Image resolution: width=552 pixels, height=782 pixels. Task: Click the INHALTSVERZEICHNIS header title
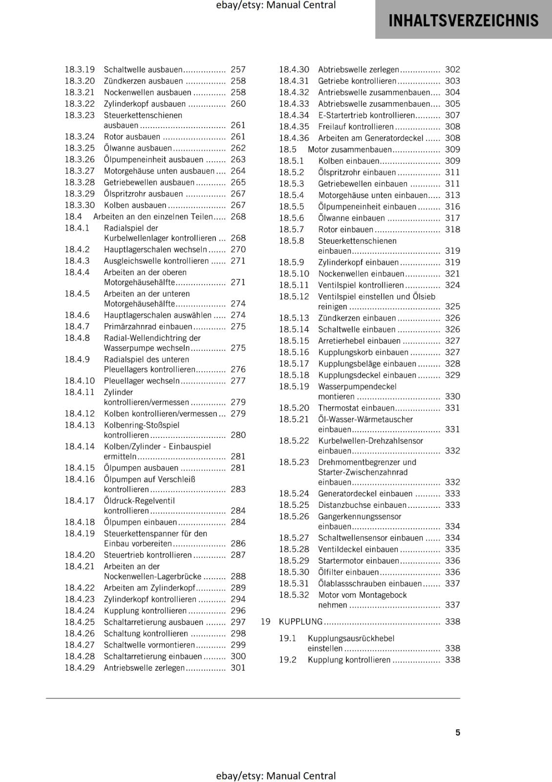pyautogui.click(x=463, y=21)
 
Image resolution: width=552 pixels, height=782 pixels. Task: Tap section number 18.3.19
pyautogui.click(x=80, y=70)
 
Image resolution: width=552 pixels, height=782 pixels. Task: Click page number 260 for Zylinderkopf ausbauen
pyautogui.click(x=238, y=104)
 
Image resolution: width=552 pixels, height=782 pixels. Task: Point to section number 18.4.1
pyautogui.click(x=77, y=228)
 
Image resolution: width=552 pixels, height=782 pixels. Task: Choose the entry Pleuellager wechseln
pyautogui.click(x=142, y=381)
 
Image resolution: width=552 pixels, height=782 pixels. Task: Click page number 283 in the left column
pyautogui.click(x=238, y=489)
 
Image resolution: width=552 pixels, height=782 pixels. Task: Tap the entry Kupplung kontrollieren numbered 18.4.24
pyautogui.click(x=145, y=611)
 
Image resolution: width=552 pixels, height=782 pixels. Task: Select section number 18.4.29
pyautogui.click(x=80, y=668)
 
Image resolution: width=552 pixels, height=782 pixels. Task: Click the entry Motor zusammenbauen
pyautogui.click(x=350, y=150)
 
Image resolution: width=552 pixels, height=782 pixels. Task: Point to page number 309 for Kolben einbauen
pyautogui.click(x=452, y=161)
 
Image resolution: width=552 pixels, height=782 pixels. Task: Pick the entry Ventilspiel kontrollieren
pyautogui.click(x=361, y=285)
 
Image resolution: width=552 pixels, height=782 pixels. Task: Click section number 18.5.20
pyautogui.click(x=294, y=408)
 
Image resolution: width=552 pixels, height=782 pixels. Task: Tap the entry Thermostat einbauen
pyautogui.click(x=356, y=408)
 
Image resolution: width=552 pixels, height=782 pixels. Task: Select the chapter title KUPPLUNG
pyautogui.click(x=300, y=622)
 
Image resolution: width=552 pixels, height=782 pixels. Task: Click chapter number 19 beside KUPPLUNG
pyautogui.click(x=265, y=622)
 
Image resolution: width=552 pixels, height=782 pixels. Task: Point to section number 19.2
pyautogui.click(x=288, y=660)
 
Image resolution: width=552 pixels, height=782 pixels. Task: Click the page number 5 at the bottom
pyautogui.click(x=458, y=733)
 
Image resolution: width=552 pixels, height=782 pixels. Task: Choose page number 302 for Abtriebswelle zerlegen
pyautogui.click(x=452, y=70)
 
